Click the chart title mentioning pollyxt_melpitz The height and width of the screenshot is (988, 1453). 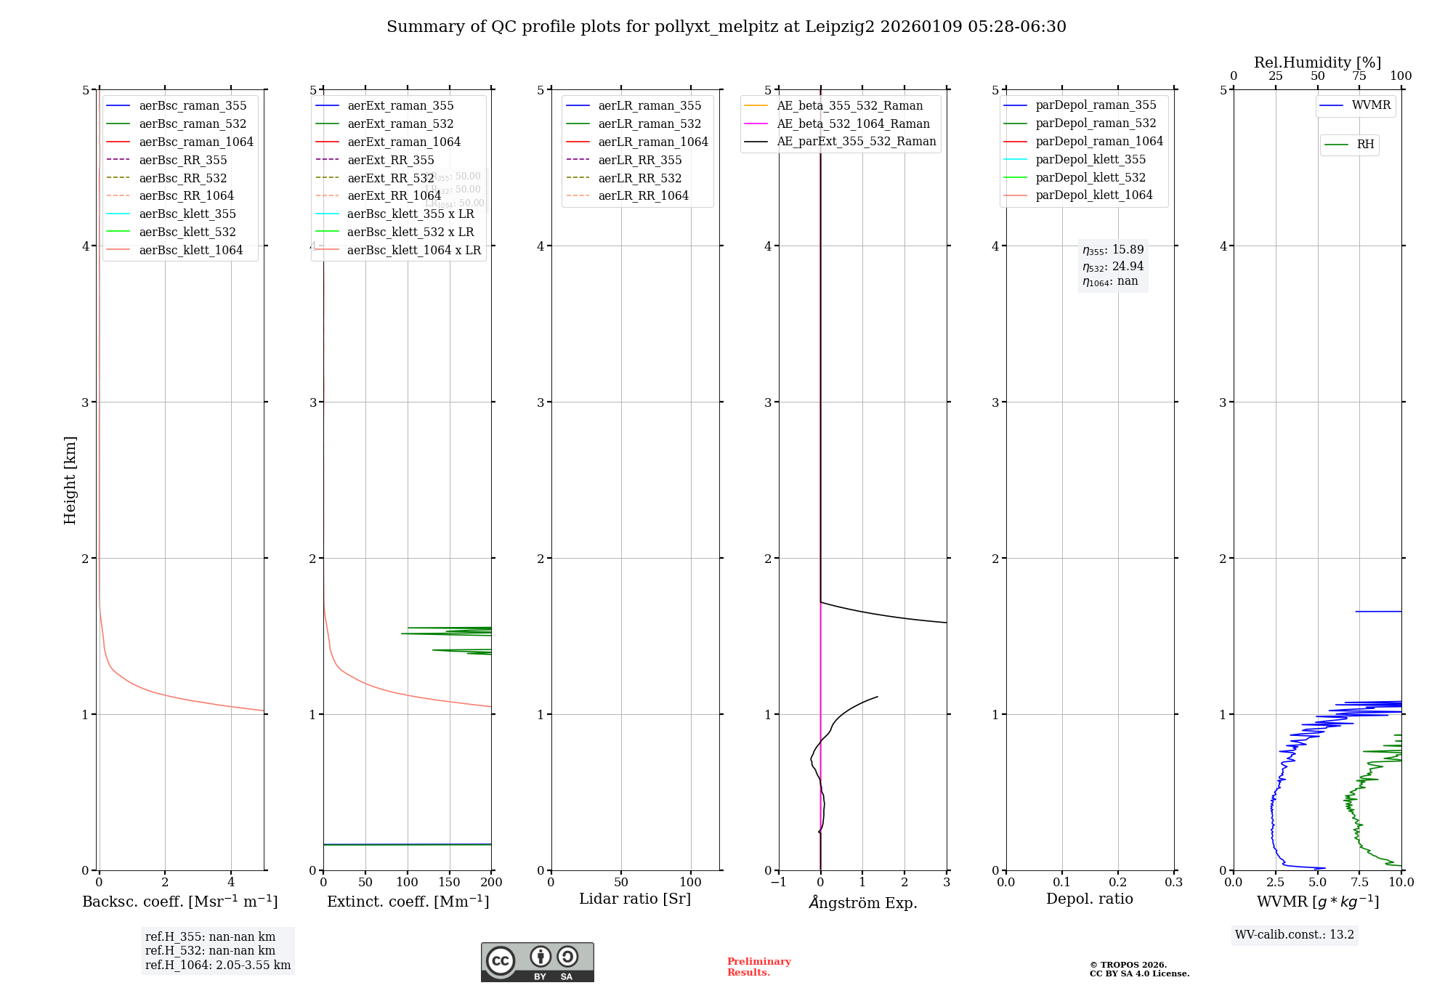coord(726,27)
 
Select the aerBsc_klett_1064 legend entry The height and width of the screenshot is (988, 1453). coord(190,250)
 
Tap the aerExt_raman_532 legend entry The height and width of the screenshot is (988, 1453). coord(400,123)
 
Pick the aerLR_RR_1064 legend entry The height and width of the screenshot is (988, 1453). coord(643,195)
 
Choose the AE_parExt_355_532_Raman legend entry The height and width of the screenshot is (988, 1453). coord(856,141)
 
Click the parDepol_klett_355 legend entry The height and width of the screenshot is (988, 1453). coord(1090,159)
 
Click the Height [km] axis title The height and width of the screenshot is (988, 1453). coord(70,479)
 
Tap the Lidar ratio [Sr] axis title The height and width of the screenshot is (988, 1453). coord(634,899)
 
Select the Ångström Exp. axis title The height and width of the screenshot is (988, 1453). coord(862,902)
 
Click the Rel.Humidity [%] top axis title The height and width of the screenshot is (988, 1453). coord(1317,62)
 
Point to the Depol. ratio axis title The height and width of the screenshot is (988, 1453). coord(1089,899)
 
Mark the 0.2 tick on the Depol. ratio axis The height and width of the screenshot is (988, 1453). coord(1118,882)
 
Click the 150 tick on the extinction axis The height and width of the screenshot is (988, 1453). coord(450,882)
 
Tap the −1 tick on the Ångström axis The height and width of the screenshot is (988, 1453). coord(778,882)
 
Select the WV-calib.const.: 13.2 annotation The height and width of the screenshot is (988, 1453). coord(1294,934)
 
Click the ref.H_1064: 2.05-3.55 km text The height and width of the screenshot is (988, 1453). coord(218,965)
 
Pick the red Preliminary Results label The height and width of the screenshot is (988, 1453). coord(758,966)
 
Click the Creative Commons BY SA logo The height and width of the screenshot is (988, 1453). coord(537,962)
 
